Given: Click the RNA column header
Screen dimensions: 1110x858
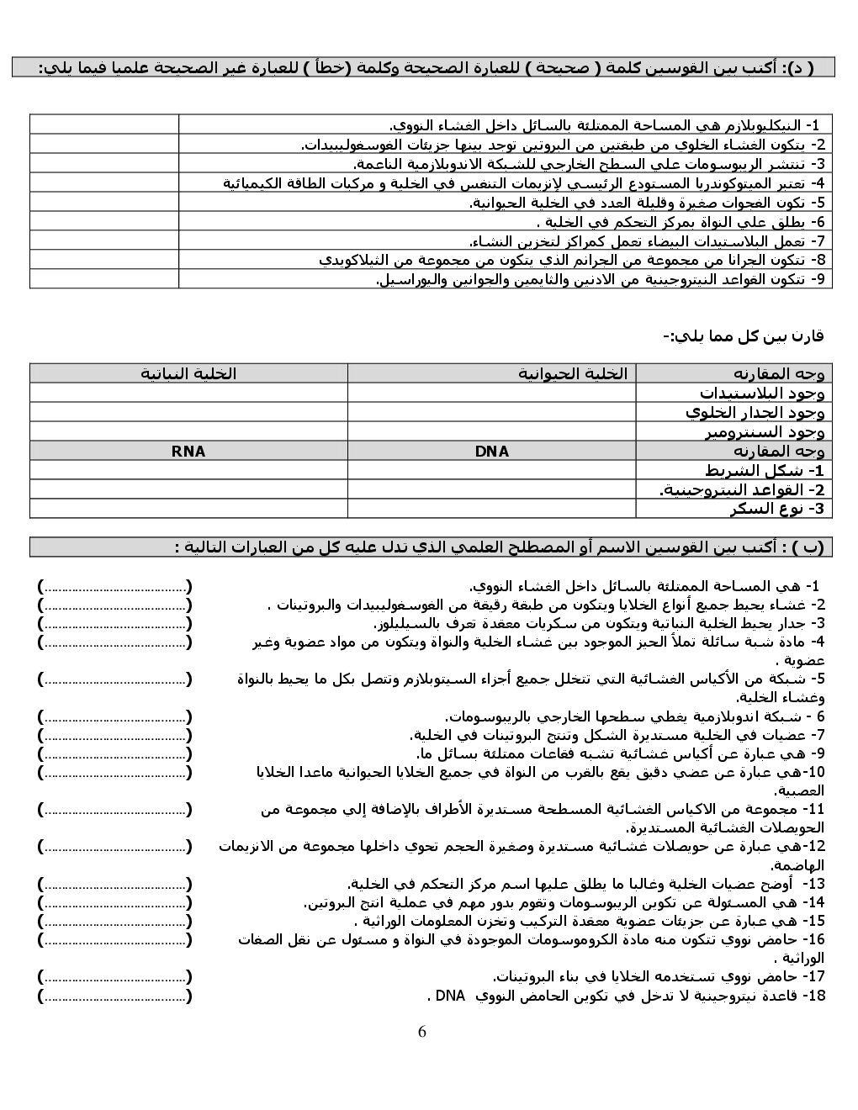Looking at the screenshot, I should [x=188, y=452].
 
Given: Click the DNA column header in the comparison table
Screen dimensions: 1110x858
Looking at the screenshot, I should [x=492, y=452].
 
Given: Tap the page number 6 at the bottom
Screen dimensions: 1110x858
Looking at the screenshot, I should [x=422, y=1032].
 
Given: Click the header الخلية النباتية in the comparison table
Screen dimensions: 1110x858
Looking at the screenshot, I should [x=188, y=373].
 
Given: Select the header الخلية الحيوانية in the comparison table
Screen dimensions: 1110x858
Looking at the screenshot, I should [x=572, y=373].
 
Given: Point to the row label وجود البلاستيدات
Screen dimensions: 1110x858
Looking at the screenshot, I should [x=762, y=393].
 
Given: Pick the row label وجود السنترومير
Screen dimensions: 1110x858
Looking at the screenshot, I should [x=765, y=432].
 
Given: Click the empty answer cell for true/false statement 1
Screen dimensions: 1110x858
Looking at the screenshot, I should [x=104, y=124].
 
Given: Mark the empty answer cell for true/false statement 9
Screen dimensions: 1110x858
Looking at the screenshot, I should [x=104, y=279].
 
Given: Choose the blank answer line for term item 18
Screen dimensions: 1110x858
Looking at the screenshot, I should [x=114, y=996].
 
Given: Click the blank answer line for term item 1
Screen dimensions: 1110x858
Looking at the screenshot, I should [x=114, y=586].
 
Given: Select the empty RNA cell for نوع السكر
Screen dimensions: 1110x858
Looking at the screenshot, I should [x=188, y=509].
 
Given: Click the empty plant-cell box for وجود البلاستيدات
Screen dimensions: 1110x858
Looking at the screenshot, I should [x=188, y=393].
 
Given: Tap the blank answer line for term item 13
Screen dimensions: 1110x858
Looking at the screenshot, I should [x=114, y=884].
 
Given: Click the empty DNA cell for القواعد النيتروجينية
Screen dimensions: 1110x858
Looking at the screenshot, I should [x=492, y=489].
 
